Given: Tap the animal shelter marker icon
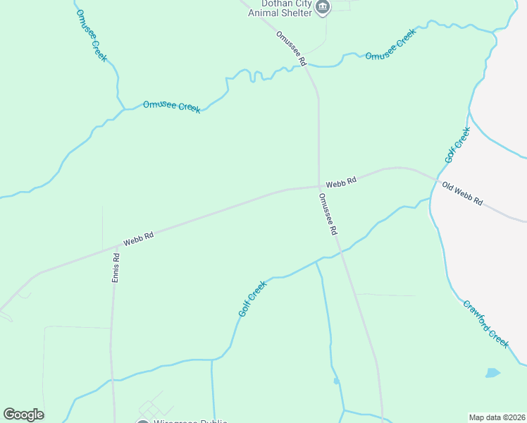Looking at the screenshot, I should [x=323, y=8].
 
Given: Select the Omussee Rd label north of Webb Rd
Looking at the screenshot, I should [x=291, y=49].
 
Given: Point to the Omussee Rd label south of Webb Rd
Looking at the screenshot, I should [x=328, y=214].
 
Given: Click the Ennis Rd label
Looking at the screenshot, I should [x=117, y=268].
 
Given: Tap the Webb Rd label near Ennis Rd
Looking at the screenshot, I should [x=138, y=240].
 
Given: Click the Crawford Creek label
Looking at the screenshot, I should [x=485, y=324].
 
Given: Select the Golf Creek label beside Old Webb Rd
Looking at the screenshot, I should [x=457, y=145].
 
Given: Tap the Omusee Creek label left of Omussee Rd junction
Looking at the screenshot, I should [x=171, y=106].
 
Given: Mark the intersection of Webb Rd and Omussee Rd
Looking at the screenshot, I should [x=319, y=187].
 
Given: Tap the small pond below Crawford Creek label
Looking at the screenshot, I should [x=492, y=373].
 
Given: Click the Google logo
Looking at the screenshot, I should [x=23, y=415].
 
